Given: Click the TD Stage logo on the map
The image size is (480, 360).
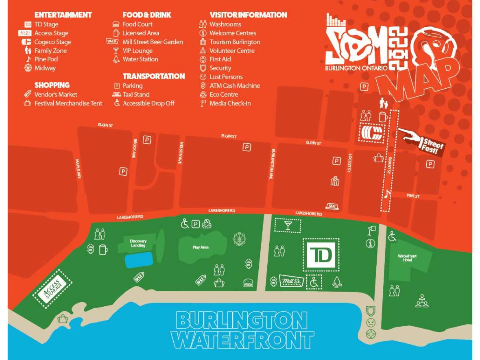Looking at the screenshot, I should pos(321,255).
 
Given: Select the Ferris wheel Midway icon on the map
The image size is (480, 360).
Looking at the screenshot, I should pos(240,239).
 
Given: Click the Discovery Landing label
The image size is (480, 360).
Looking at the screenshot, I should pos(138,243).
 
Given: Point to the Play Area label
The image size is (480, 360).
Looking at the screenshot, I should pos(200,247).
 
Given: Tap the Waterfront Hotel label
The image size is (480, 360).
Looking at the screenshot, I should pos(407,257).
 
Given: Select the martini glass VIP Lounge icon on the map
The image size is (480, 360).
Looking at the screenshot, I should pos(288,225).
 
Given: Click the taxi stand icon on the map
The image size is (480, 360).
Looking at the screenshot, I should pos(332,207).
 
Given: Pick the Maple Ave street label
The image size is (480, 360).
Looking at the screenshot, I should pos(78,168).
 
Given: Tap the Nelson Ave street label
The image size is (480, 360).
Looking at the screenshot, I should pos(180,153).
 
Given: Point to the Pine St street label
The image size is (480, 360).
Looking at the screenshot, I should pos(413,196).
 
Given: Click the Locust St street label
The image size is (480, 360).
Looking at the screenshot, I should pos(349,162).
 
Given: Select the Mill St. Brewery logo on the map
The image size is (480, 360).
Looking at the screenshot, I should pos(291,281).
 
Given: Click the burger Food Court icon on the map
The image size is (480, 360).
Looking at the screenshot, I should pos(248,283).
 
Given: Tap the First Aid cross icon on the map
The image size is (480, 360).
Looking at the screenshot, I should pos(371,334).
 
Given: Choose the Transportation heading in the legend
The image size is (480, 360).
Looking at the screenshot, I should pos(154,76).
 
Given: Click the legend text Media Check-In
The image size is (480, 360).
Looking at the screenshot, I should pos(230,103).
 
